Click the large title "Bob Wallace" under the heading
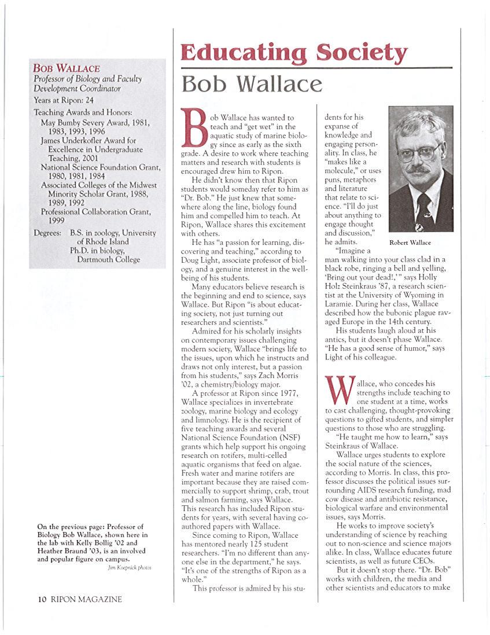click(252, 85)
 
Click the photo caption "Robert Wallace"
click(410, 243)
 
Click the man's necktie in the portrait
click(423, 208)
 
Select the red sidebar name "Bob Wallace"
click(67, 69)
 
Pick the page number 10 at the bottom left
click(42, 599)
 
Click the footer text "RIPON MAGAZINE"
click(86, 599)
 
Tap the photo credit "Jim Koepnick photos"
click(130, 568)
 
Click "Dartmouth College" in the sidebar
click(109, 259)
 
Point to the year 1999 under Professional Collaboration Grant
click(57, 221)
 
